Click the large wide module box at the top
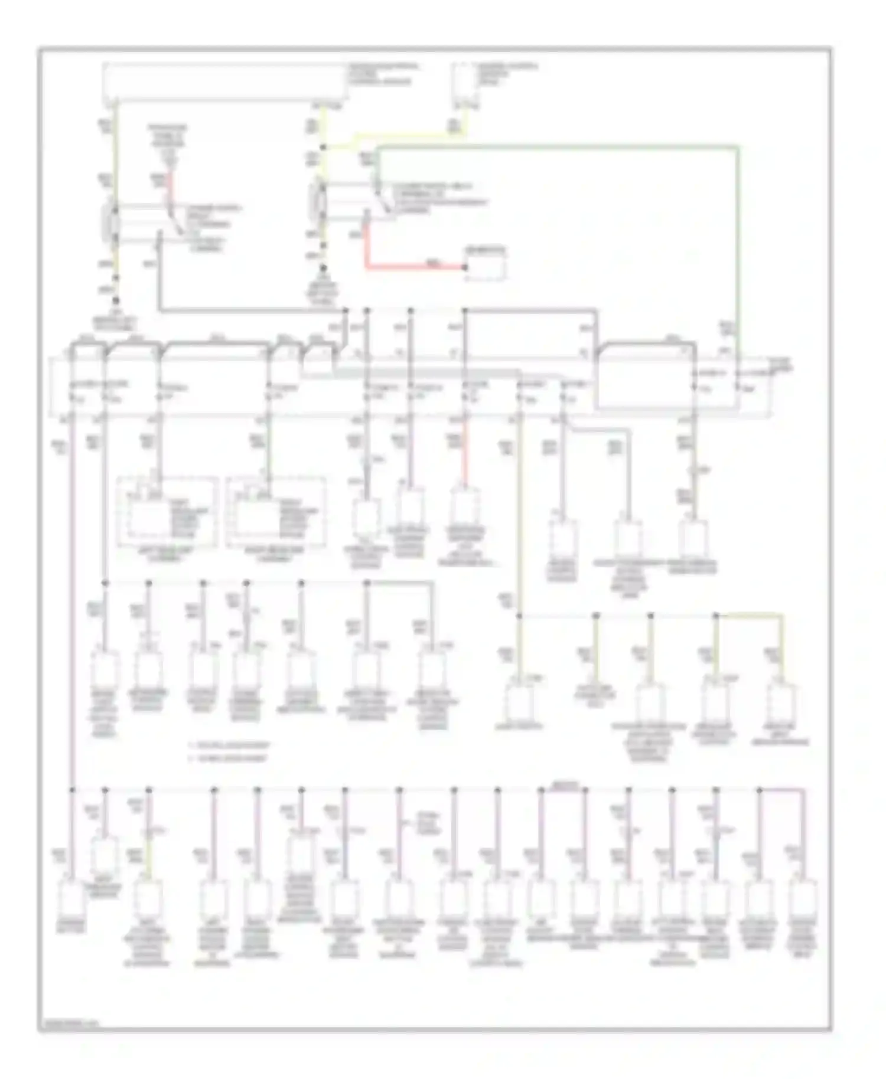(224, 82)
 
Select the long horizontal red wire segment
(413, 267)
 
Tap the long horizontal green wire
(555, 145)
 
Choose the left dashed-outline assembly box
(167, 512)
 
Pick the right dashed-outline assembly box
(276, 512)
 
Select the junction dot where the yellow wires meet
(323, 147)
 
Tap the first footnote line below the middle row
(228, 746)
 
